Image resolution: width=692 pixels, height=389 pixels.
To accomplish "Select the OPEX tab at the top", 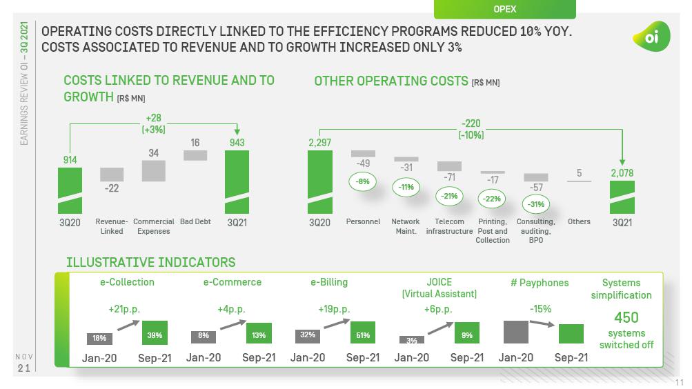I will (504, 9).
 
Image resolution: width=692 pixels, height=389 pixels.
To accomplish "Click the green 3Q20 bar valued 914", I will (70, 190).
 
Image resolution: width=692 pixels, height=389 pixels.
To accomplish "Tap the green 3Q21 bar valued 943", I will (237, 182).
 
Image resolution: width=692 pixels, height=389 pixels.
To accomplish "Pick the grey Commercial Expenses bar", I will (154, 170).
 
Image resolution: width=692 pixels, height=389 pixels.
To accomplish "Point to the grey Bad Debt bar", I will (195, 155).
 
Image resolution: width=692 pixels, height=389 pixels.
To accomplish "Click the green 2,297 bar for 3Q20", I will (319, 182).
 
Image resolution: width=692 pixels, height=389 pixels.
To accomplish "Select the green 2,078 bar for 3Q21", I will (622, 197).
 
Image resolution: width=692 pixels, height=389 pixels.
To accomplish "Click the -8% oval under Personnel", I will (362, 182).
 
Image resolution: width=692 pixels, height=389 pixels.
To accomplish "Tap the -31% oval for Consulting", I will (536, 204).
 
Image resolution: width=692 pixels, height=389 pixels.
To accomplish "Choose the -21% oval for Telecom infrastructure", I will (449, 196).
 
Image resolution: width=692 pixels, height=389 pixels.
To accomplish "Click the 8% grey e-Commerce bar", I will (204, 337).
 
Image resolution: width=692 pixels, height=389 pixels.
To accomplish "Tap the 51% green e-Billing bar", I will (363, 332).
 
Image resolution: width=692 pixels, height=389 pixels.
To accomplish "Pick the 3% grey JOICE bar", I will (411, 339).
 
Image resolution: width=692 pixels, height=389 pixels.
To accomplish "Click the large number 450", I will (626, 317).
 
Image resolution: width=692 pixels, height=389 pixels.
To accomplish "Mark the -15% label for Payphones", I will (540, 309).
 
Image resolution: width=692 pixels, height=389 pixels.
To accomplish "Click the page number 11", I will (679, 381).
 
